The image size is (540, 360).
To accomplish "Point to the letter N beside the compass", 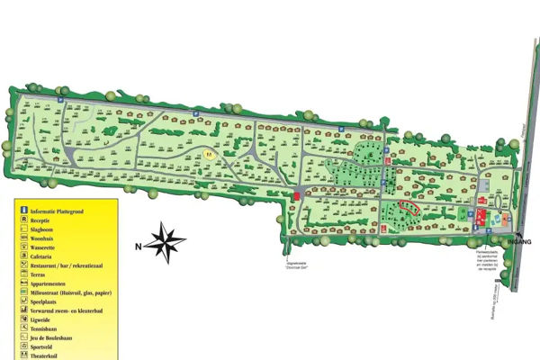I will pos(139,245).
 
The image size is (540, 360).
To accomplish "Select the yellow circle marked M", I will pos(210,155).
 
